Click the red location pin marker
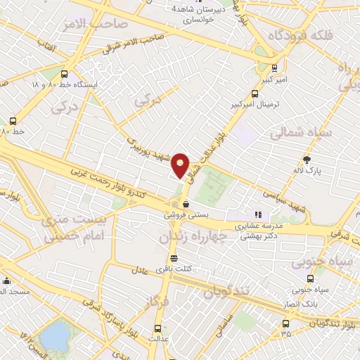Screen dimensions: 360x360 pyautogui.click(x=181, y=165)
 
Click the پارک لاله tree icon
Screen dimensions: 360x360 pyautogui.click(x=306, y=159)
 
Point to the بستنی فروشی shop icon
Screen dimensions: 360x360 pyautogui.click(x=186, y=204)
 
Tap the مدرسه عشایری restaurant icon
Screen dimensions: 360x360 pyautogui.click(x=258, y=214)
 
